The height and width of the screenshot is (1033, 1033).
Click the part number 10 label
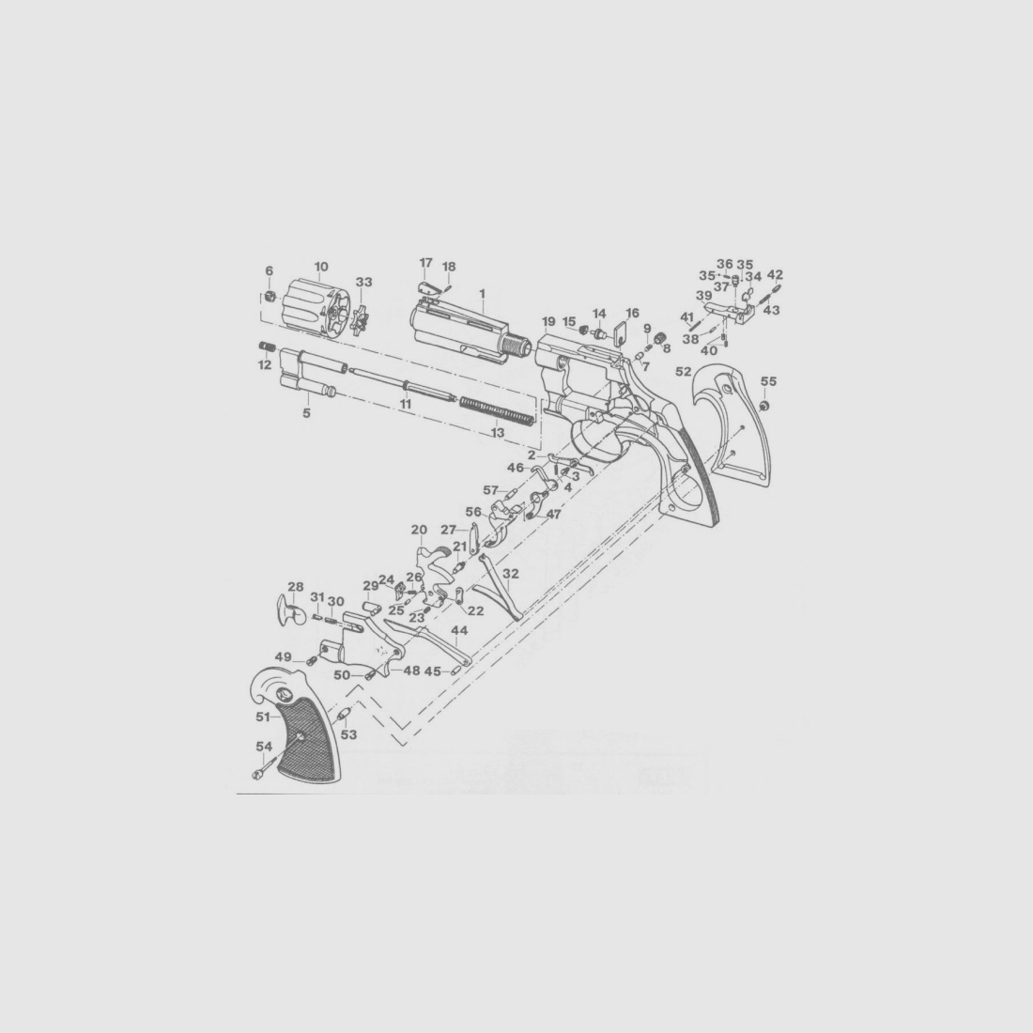pos(321,267)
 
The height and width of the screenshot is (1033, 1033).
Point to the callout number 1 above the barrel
pos(483,292)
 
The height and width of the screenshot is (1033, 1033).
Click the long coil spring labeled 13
pos(497,410)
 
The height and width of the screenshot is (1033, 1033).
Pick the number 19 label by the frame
pos(548,321)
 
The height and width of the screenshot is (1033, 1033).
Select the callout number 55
pos(769,381)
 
